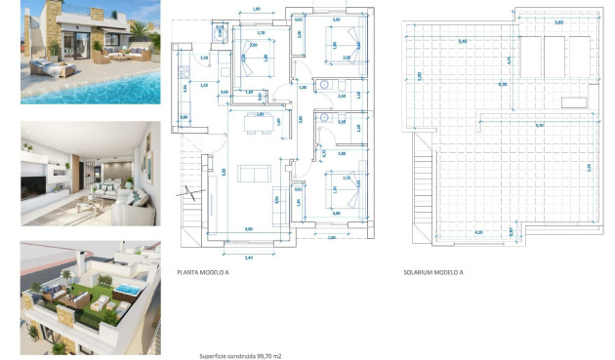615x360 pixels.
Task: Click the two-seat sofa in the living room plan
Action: click(x=255, y=174)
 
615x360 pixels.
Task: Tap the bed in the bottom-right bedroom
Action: click(x=345, y=185)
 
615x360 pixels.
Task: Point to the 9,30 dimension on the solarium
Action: click(x=503, y=85)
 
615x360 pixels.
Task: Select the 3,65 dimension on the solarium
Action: click(x=558, y=21)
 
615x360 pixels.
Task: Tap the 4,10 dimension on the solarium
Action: click(x=478, y=232)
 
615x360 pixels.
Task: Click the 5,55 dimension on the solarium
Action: click(x=539, y=125)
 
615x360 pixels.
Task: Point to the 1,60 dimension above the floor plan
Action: click(x=256, y=9)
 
